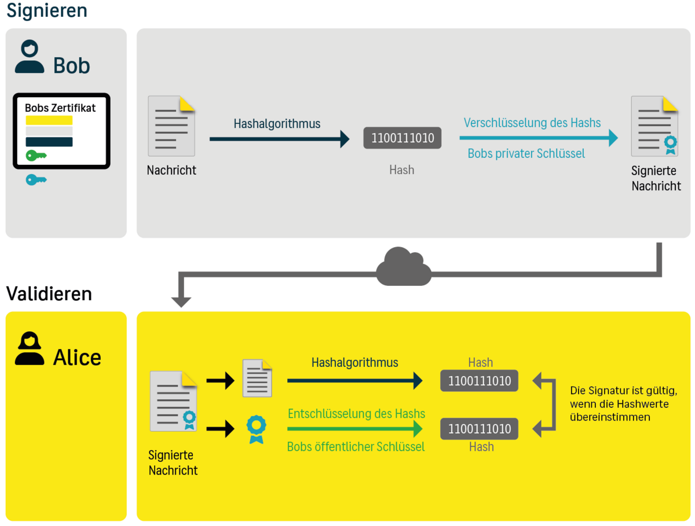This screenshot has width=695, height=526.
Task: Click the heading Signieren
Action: point(46,10)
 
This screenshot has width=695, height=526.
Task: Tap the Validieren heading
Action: point(49,294)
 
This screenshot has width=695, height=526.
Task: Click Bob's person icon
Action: point(30,57)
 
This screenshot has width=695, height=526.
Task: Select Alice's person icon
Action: point(30,349)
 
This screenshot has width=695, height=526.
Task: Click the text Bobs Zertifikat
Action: point(60,108)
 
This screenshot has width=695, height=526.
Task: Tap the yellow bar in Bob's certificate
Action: point(49,120)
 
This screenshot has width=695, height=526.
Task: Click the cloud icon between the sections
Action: point(404,266)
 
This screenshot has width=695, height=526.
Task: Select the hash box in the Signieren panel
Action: point(402,138)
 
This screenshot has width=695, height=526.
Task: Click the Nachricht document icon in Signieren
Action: point(171,126)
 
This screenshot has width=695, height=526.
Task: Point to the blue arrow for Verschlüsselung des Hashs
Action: point(539,138)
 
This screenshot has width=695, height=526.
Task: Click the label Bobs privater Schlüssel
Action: point(526,154)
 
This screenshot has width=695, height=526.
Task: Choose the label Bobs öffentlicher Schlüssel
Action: point(356,447)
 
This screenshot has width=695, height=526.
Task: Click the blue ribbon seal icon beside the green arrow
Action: point(255,429)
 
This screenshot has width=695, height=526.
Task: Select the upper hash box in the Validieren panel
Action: point(479,381)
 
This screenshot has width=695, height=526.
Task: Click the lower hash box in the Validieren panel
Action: point(479,429)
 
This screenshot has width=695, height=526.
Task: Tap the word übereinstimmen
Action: point(610,417)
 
